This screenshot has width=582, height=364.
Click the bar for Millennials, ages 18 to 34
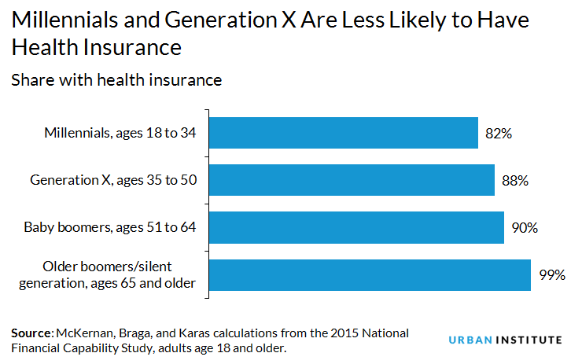(344, 133)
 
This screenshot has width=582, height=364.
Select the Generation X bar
(352, 180)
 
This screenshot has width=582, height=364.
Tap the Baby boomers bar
(356, 227)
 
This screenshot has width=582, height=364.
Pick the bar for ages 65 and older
(370, 274)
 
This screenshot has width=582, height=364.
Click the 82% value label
(499, 134)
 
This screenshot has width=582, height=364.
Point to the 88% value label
(515, 181)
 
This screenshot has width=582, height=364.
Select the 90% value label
(525, 228)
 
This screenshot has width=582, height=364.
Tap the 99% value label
(552, 275)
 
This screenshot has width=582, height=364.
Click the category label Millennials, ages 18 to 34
(120, 134)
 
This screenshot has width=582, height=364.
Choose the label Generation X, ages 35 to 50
(112, 181)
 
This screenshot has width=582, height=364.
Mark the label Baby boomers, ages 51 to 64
(109, 228)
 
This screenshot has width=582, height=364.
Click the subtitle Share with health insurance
(116, 79)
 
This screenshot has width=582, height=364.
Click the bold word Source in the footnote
(31, 333)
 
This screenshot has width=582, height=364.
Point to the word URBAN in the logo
(469, 340)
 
